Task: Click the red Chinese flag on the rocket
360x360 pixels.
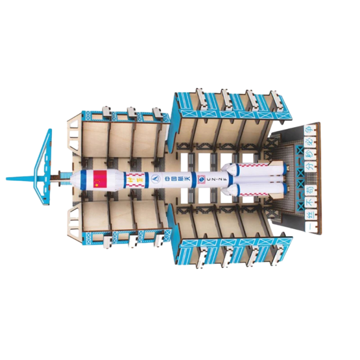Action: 99,177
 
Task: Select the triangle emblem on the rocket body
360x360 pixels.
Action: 154,177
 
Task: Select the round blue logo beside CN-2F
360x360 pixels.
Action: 202,177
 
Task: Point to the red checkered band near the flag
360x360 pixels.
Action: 135,177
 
